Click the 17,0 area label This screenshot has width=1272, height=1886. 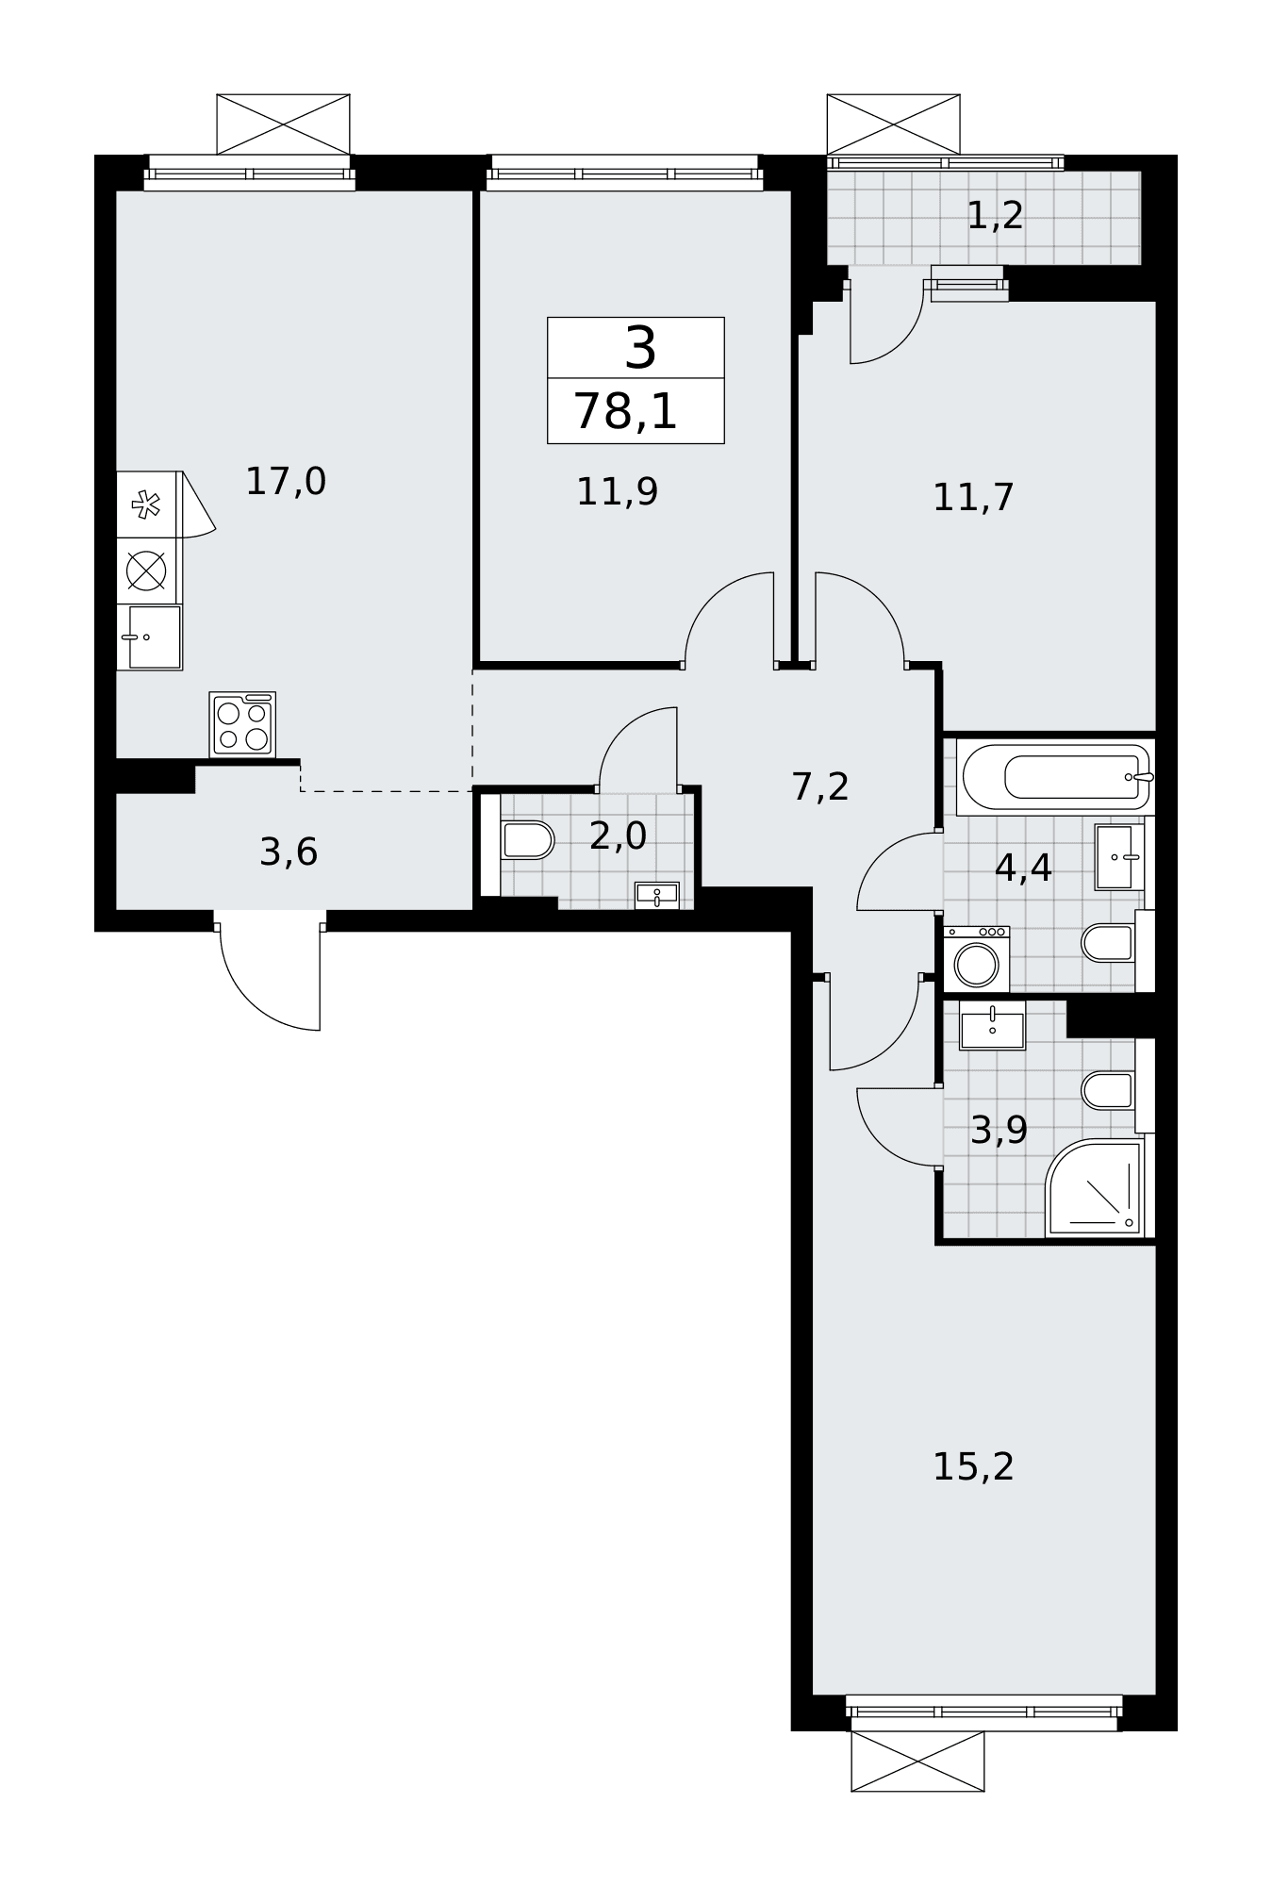(286, 482)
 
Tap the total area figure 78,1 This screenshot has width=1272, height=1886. (625, 412)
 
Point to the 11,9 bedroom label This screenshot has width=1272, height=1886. (617, 491)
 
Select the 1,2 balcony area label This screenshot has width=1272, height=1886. (995, 216)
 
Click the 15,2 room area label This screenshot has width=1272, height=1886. (973, 1466)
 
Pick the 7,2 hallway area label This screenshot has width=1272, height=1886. (820, 786)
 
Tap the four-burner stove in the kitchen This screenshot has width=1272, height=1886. (242, 724)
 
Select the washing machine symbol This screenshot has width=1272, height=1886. (976, 958)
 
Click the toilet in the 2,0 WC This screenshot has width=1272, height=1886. (526, 840)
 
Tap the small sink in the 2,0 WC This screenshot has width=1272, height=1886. (656, 895)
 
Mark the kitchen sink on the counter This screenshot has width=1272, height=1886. (150, 637)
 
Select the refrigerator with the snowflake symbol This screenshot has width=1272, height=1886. (148, 505)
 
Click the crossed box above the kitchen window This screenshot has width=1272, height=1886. (283, 124)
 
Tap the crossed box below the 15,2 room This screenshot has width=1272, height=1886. (917, 1761)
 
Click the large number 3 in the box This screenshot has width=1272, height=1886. (640, 349)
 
